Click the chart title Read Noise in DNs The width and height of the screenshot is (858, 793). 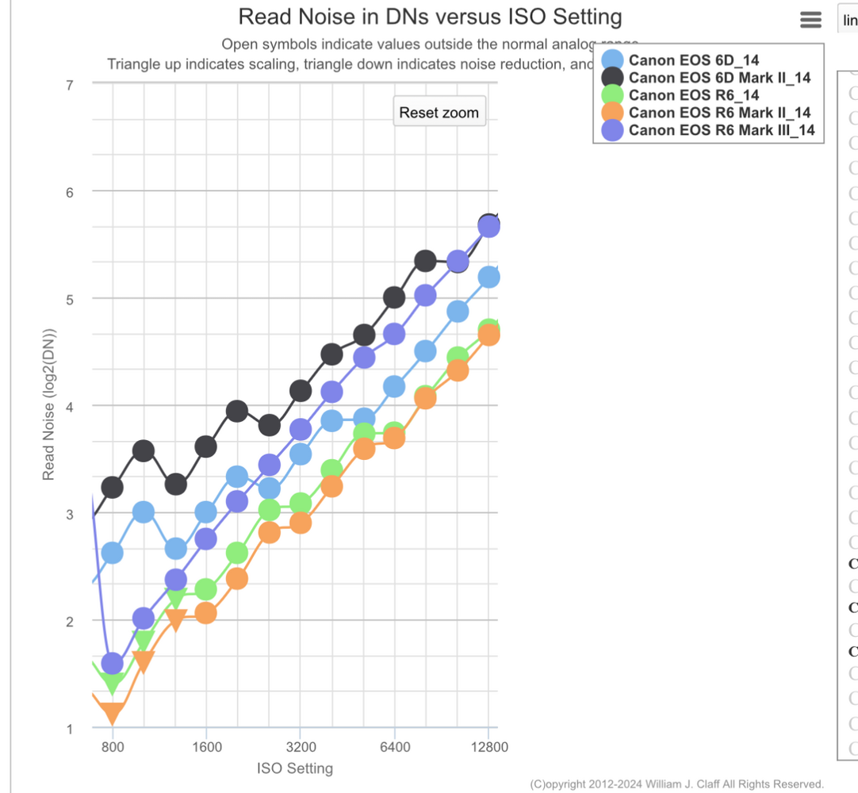pyautogui.click(x=430, y=17)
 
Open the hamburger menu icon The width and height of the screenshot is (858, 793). pyautogui.click(x=811, y=21)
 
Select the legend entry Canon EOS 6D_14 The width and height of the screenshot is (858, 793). pyautogui.click(x=693, y=59)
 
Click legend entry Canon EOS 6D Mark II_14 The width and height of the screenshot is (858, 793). pyautogui.click(x=719, y=77)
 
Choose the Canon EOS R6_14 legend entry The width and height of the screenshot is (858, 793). pyautogui.click(x=693, y=95)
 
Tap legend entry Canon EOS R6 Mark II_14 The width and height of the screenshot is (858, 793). pyautogui.click(x=719, y=113)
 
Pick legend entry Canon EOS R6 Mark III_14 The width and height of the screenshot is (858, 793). pyautogui.click(x=722, y=130)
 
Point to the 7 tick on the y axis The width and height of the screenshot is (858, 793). pyautogui.click(x=70, y=84)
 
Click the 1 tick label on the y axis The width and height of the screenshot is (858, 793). pyautogui.click(x=70, y=730)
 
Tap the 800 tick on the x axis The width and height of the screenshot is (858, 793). pyautogui.click(x=113, y=746)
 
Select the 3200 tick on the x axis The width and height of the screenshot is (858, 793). pyautogui.click(x=301, y=746)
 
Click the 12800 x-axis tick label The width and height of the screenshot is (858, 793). pyautogui.click(x=488, y=746)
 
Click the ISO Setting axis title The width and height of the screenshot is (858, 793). pyautogui.click(x=295, y=768)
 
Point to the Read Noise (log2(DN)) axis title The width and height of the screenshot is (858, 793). pyautogui.click(x=49, y=404)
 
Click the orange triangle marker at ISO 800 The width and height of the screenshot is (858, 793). pyautogui.click(x=113, y=714)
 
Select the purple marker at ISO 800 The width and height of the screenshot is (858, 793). pyautogui.click(x=113, y=663)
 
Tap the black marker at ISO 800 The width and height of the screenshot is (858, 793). pyautogui.click(x=113, y=486)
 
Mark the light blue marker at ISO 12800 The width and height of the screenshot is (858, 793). pyautogui.click(x=488, y=277)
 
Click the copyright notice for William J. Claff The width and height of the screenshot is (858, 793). pyautogui.click(x=676, y=784)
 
